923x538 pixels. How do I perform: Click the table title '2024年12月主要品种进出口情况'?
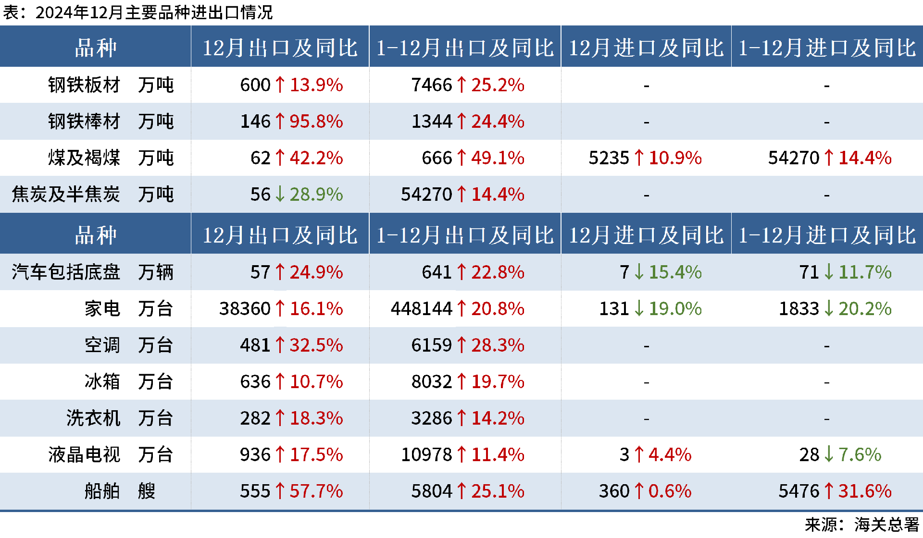pos(154,12)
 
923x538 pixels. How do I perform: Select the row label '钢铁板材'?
pos(84,85)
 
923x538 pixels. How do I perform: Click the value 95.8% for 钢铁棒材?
pos(316,122)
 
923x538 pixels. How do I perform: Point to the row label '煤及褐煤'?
pos(84,158)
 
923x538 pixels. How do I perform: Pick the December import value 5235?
pos(609,158)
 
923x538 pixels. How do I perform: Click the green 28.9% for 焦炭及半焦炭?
pos(316,195)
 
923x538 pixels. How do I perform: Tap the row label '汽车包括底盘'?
pos(66,272)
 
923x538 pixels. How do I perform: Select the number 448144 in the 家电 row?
pos(421,309)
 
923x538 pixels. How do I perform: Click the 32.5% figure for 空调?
pos(316,345)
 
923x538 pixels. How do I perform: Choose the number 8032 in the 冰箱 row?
pos(431,382)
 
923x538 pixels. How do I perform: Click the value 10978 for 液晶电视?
pos(426,455)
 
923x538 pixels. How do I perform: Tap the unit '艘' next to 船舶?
pos(147,491)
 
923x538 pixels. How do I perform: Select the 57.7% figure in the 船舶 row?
pos(316,491)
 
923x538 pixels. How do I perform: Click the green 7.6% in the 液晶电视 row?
pos(860,455)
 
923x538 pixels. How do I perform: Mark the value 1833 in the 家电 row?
pos(798,309)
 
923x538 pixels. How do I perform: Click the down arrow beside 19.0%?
pos(639,309)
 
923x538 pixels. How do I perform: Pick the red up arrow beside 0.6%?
pos(639,491)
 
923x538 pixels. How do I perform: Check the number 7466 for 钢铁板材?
pos(431,85)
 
